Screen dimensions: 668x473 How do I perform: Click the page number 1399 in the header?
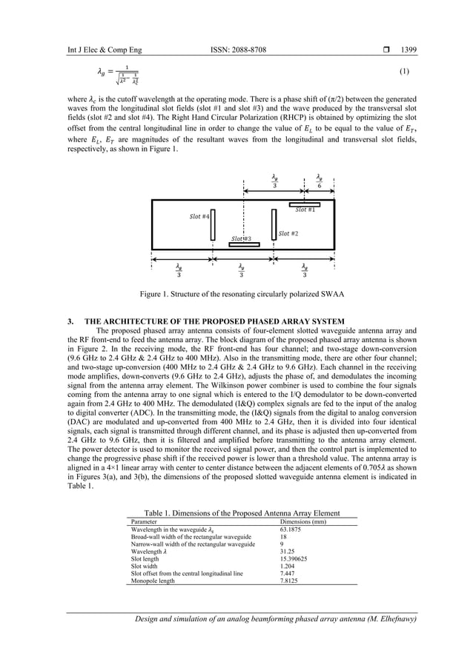point(408,50)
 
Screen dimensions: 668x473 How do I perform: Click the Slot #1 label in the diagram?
point(305,210)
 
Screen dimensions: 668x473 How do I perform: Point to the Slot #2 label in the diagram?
point(288,233)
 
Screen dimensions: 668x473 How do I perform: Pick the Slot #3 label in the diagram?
point(241,238)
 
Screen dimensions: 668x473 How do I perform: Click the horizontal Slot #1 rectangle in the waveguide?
point(305,204)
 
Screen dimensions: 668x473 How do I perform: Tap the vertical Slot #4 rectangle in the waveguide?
point(213,226)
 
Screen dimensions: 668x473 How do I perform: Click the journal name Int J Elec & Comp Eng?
point(104,50)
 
